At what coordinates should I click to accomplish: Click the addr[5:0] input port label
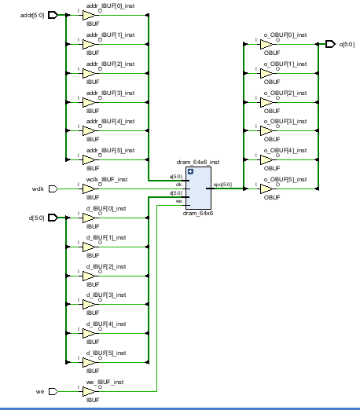(31, 15)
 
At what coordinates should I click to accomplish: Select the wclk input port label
(38, 189)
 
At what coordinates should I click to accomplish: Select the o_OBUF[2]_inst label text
(285, 93)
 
